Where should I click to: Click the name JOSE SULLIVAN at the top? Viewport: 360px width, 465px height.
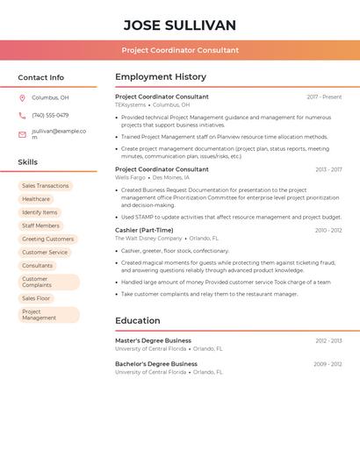(180, 25)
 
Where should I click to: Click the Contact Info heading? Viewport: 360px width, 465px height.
(41, 77)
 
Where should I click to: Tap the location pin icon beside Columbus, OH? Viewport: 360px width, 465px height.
(22, 97)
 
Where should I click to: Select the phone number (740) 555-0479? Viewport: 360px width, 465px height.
(50, 115)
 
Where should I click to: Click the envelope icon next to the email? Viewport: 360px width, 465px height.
(22, 134)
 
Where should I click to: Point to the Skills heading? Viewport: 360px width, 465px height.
(28, 162)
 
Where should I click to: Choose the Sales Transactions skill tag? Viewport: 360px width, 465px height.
(45, 186)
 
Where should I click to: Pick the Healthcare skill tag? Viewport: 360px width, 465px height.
(36, 199)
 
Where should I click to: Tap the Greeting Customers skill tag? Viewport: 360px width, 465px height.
(47, 239)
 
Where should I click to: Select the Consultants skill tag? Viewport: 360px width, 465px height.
(38, 265)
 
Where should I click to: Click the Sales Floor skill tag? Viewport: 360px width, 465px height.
(36, 298)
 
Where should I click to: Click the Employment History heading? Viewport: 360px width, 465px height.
(161, 77)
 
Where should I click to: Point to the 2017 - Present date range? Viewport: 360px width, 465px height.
(324, 97)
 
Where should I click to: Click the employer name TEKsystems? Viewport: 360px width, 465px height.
(131, 104)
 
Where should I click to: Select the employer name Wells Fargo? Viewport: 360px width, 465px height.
(130, 177)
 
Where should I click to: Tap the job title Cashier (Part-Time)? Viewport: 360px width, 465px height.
(144, 230)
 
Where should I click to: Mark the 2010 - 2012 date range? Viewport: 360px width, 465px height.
(328, 230)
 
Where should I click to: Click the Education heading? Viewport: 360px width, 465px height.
(138, 321)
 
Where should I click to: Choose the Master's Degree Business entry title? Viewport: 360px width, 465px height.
(153, 340)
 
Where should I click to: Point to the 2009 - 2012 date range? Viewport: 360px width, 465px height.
(328, 364)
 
